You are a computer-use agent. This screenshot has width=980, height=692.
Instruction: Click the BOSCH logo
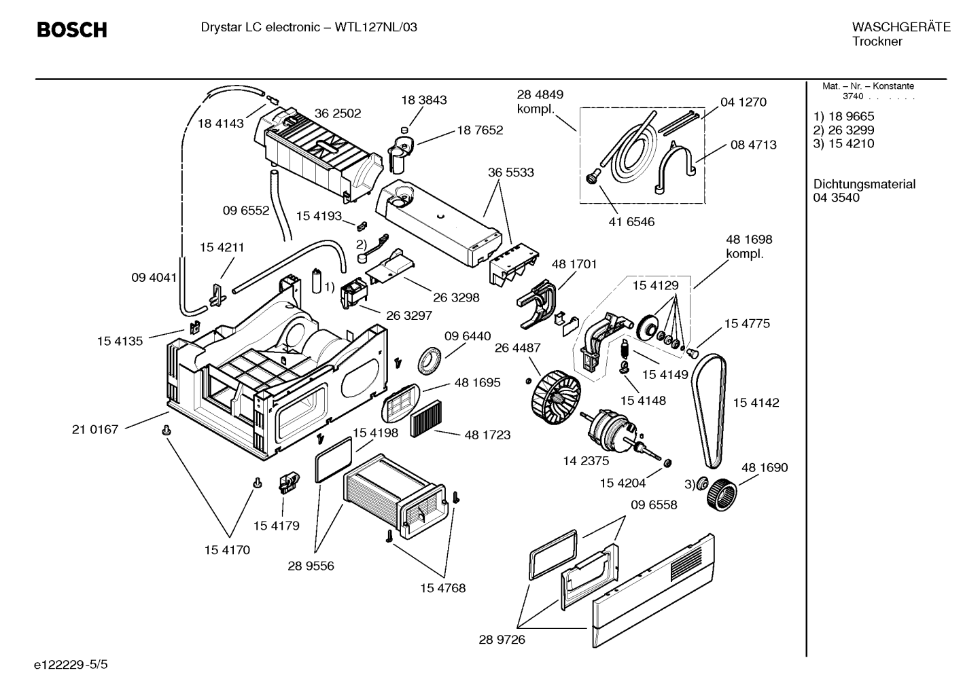pyautogui.click(x=72, y=30)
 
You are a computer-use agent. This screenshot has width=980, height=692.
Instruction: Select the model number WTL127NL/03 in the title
pyautogui.click(x=376, y=27)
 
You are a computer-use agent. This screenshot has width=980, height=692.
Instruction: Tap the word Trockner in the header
pyautogui.click(x=877, y=41)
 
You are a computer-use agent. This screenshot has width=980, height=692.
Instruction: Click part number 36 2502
pyautogui.click(x=338, y=113)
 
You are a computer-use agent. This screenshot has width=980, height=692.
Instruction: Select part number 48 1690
pyautogui.click(x=765, y=467)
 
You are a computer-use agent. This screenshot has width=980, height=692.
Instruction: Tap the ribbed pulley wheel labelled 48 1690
pyautogui.click(x=722, y=494)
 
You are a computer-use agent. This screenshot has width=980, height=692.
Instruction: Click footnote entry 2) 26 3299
pyautogui.click(x=843, y=130)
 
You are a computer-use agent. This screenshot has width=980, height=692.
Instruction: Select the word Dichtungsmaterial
pyautogui.click(x=864, y=184)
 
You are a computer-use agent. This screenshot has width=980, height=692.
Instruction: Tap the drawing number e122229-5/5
pyautogui.click(x=71, y=664)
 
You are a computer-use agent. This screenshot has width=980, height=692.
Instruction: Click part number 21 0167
pyautogui.click(x=95, y=429)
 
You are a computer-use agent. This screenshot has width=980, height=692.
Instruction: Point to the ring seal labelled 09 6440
pyautogui.click(x=429, y=361)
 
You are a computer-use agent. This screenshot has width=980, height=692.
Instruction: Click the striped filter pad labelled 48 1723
pyautogui.click(x=426, y=418)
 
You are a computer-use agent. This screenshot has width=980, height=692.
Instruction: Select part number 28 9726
pyautogui.click(x=502, y=640)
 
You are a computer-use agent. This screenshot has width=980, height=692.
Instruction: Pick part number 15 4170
pyautogui.click(x=227, y=550)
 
